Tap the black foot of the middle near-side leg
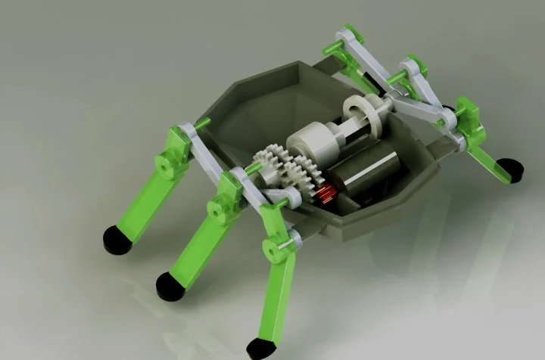170,284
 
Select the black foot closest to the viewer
261,347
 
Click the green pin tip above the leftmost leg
202,123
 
